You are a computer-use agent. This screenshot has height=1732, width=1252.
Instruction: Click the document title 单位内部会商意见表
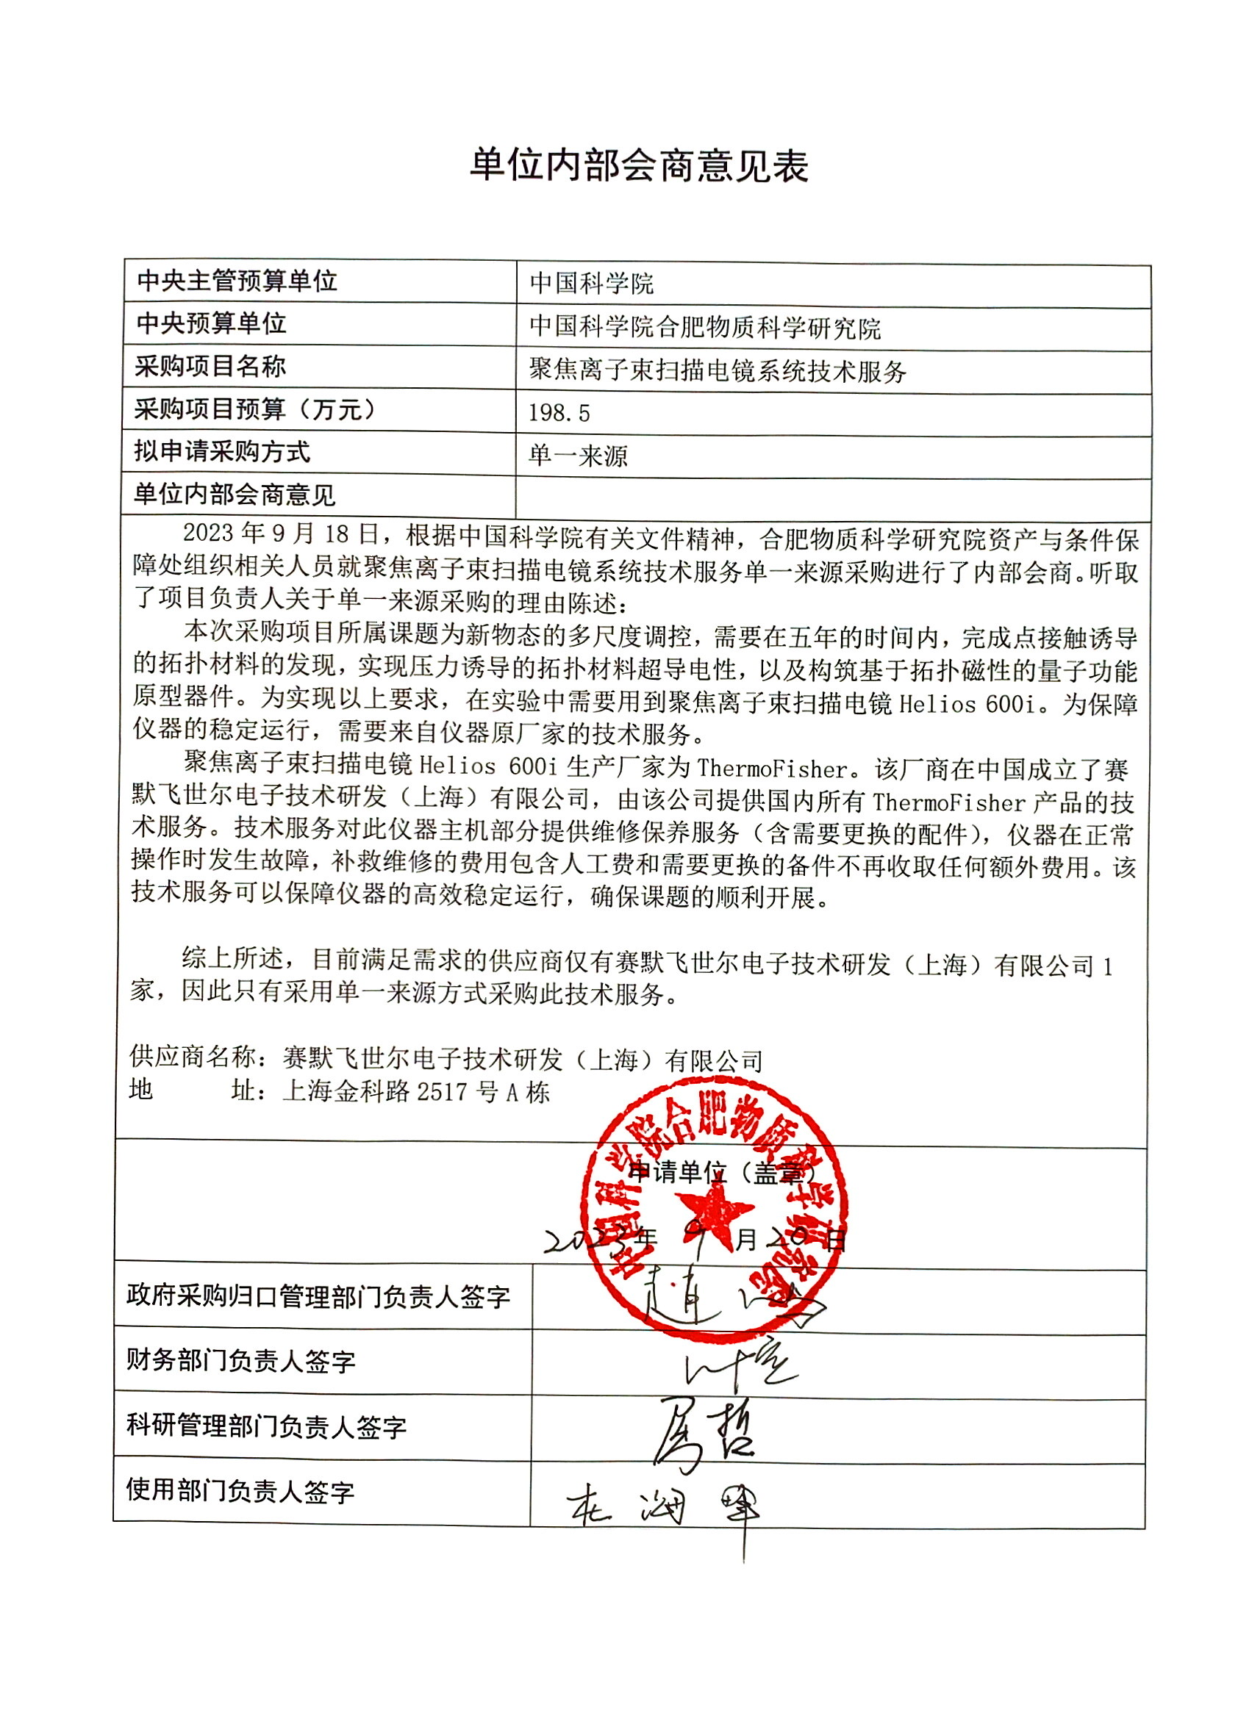(x=639, y=166)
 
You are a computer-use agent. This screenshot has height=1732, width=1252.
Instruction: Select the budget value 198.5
(x=559, y=413)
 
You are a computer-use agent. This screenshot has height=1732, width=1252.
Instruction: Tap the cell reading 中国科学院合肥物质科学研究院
(x=704, y=328)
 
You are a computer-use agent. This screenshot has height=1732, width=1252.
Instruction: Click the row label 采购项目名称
(x=210, y=367)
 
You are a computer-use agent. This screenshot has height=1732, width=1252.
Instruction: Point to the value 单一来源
(x=578, y=456)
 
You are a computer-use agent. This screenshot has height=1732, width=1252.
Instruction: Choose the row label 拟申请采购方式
(x=222, y=451)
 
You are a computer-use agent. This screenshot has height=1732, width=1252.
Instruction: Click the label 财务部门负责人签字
(x=240, y=1360)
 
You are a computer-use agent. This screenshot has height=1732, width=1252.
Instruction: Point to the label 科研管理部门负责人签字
(x=266, y=1426)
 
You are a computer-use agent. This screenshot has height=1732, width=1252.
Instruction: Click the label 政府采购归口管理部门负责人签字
(x=318, y=1296)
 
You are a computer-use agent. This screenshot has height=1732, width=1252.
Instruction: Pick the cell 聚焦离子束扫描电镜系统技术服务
(x=718, y=370)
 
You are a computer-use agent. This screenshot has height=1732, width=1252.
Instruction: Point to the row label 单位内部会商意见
(x=235, y=495)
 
